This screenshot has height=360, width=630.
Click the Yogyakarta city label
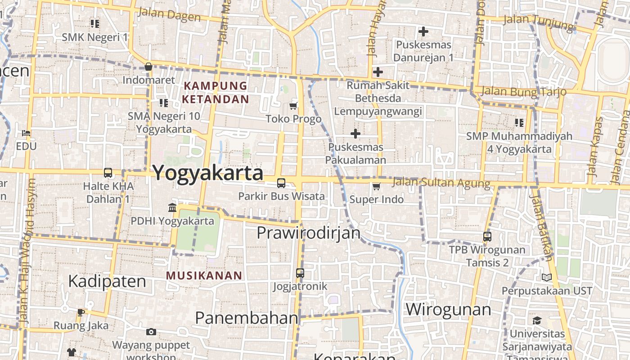coord(208,173)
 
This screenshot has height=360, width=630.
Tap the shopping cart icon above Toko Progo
coord(293,106)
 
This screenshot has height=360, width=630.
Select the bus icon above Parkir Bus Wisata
coord(281,183)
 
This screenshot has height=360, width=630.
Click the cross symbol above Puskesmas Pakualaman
coord(355,134)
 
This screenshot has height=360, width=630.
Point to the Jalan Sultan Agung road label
coord(441,183)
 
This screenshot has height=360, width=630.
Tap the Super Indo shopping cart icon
coord(376,186)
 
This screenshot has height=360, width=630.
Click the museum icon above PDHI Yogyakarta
coord(172,207)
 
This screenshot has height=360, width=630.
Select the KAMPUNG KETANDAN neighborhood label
coord(216,92)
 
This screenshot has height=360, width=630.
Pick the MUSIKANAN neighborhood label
coord(204,275)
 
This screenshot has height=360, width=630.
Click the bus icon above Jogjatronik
coord(300,273)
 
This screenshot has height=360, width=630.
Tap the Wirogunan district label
coord(448,310)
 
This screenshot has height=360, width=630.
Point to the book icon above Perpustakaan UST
coord(547,278)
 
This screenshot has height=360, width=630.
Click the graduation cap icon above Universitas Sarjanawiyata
coord(537,320)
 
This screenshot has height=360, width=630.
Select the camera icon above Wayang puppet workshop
coord(151,332)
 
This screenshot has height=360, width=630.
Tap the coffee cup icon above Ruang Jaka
coord(81,312)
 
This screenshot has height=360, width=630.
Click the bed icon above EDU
coord(26,133)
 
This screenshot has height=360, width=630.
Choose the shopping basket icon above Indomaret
coord(148,67)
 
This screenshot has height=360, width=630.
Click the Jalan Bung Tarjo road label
coord(523,92)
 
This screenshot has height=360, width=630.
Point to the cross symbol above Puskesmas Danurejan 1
coord(423,31)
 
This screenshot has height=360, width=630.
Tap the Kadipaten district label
coord(107,281)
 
